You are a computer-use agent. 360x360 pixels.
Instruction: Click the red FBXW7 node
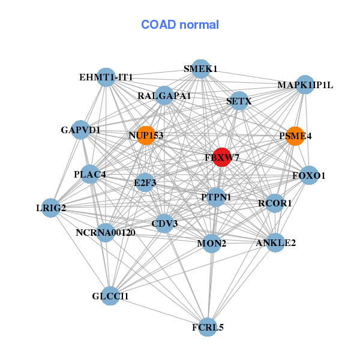pyautogui.click(x=222, y=157)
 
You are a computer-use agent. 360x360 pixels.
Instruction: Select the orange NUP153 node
pyautogui.click(x=145, y=136)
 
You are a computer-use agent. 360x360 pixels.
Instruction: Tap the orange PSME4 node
pyautogui.click(x=295, y=136)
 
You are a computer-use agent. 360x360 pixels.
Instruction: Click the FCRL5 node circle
pyautogui.click(x=208, y=327)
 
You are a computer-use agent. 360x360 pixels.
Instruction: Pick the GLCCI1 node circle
pyautogui.click(x=110, y=296)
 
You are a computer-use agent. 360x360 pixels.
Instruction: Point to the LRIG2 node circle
pyautogui.click(x=51, y=208)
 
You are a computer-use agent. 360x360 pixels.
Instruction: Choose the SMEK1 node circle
pyautogui.click(x=200, y=69)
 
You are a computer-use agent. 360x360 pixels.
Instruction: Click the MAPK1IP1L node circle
pyautogui.click(x=305, y=85)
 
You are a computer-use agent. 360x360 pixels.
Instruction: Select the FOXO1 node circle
pyautogui.click(x=309, y=176)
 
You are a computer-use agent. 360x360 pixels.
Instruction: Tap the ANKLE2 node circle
pyautogui.click(x=275, y=243)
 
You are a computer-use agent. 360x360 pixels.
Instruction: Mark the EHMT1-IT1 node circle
pyautogui.click(x=106, y=77)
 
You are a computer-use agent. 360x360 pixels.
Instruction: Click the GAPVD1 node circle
pyautogui.click(x=81, y=130)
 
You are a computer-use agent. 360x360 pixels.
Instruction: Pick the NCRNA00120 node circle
pyautogui.click(x=106, y=232)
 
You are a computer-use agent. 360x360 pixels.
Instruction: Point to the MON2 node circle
pyautogui.click(x=211, y=244)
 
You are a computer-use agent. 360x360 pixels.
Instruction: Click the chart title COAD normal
pyautogui.click(x=180, y=25)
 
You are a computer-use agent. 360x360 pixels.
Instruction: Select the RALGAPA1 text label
pyautogui.click(x=164, y=96)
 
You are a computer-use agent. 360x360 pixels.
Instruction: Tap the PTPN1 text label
pyautogui.click(x=216, y=197)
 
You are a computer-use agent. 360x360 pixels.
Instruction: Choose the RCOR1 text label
pyautogui.click(x=275, y=203)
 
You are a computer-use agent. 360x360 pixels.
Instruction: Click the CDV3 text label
pyautogui.click(x=164, y=224)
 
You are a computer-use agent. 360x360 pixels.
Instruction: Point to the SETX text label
pyautogui.click(x=239, y=102)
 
